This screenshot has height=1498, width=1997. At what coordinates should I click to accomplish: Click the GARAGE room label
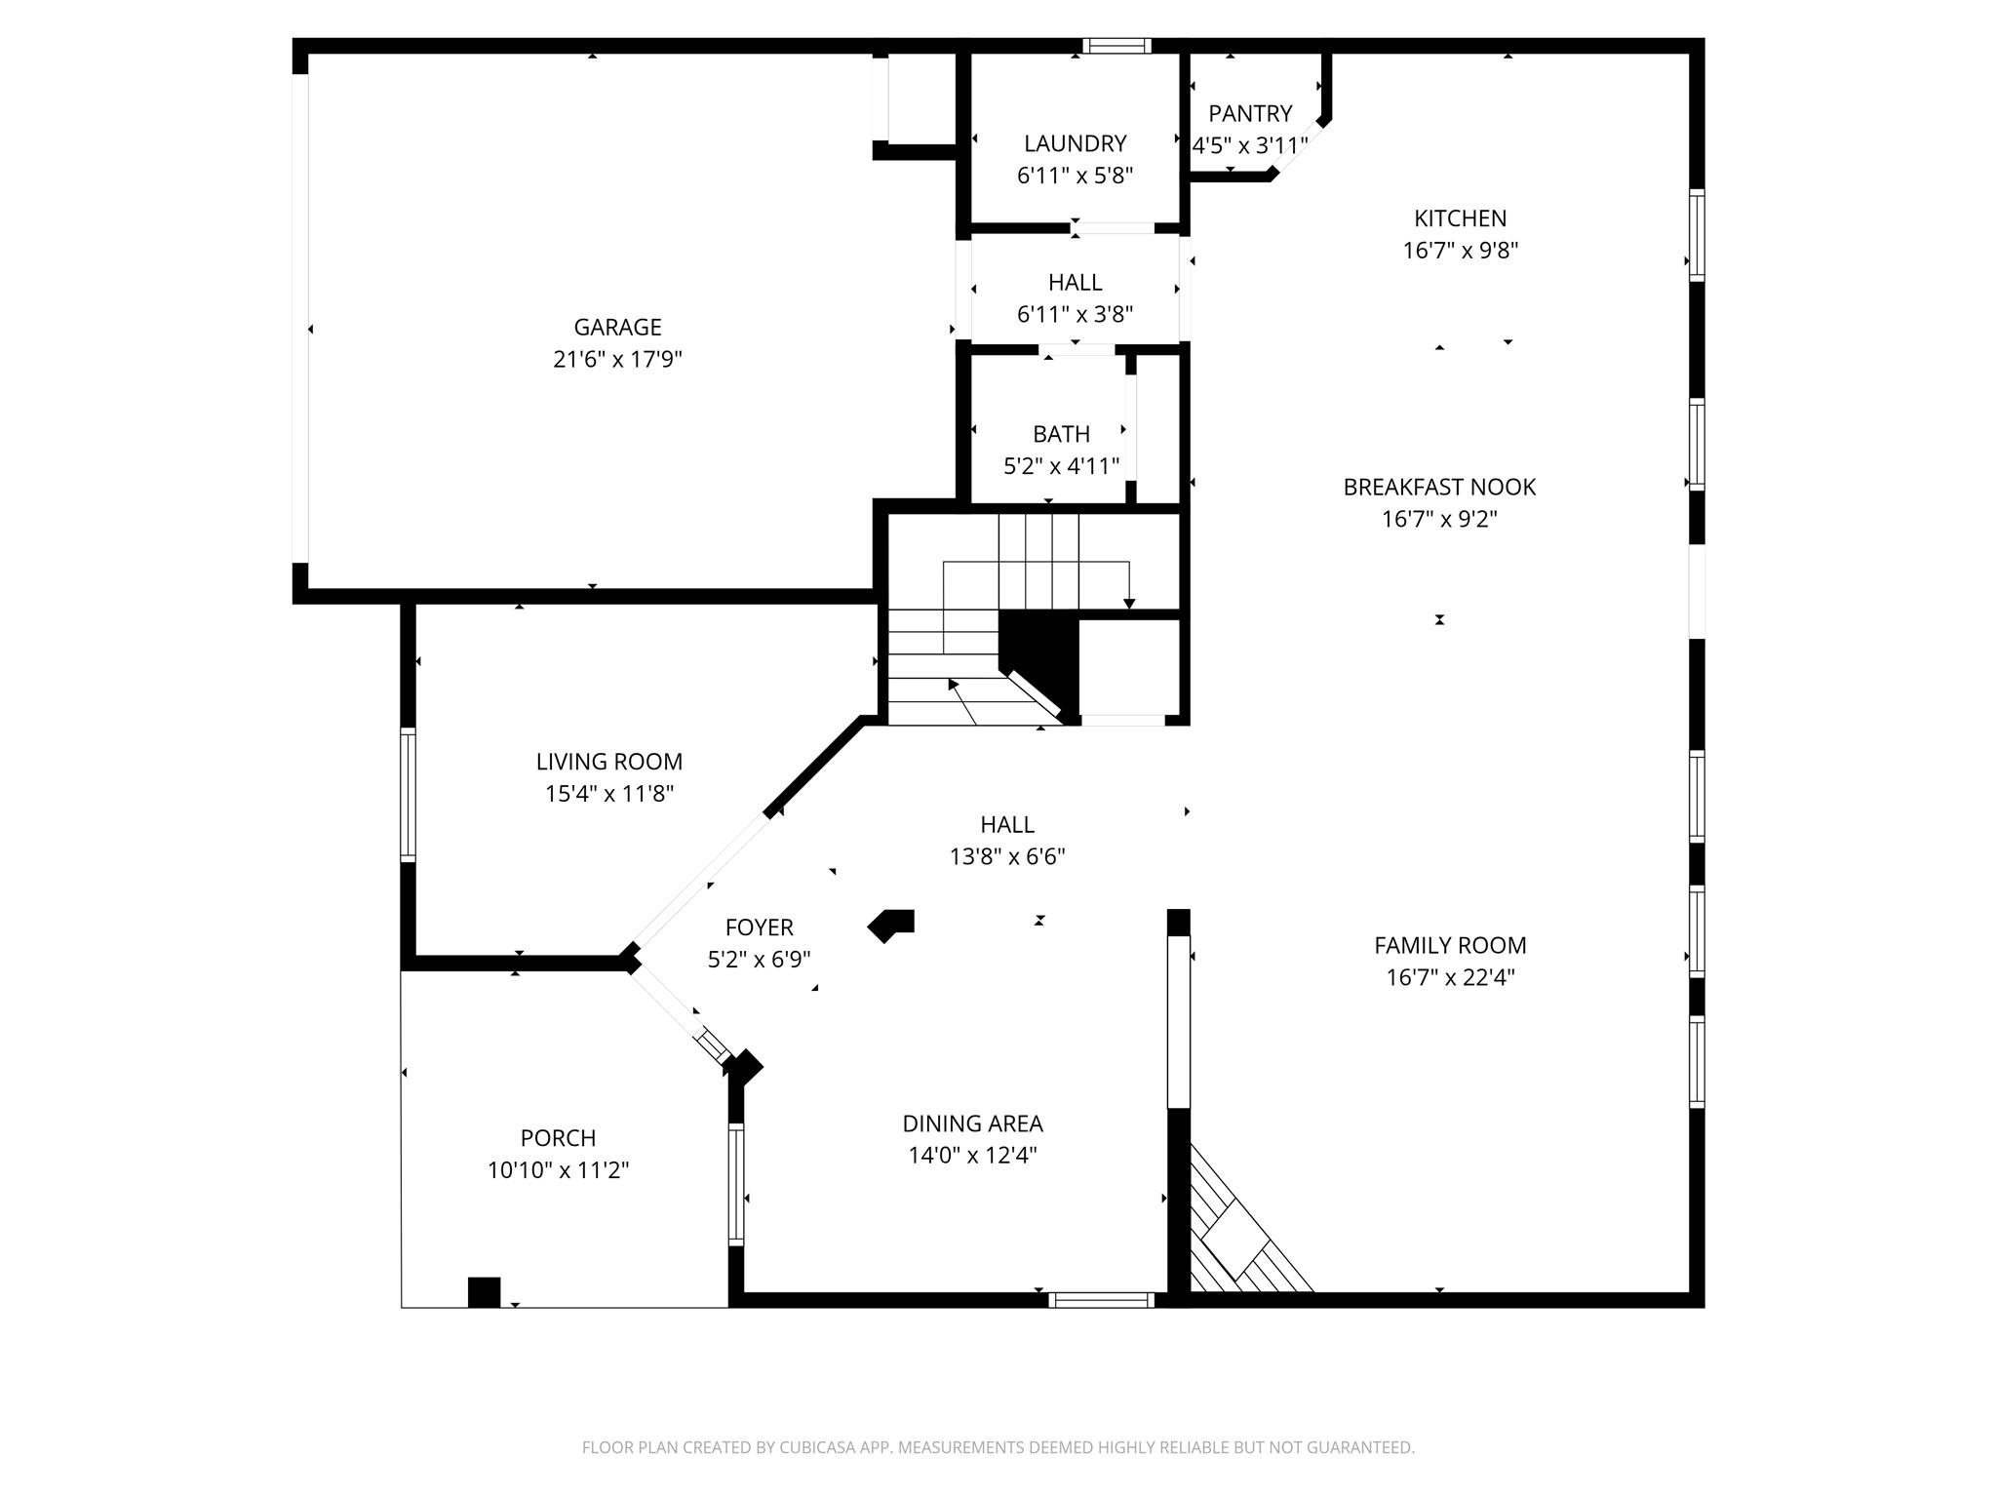(617, 328)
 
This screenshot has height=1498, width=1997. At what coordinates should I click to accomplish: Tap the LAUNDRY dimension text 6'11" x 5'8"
(1075, 176)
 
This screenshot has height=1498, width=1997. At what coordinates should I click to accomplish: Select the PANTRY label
(1250, 113)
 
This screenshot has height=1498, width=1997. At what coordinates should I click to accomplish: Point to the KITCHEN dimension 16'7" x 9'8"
(1460, 251)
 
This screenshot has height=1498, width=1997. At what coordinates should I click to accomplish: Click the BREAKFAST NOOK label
(1438, 487)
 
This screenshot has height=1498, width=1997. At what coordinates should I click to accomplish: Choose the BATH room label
(1061, 434)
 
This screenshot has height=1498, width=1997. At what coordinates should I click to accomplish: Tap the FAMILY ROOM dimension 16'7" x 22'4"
(1450, 977)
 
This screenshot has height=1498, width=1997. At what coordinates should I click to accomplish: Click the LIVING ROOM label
(608, 762)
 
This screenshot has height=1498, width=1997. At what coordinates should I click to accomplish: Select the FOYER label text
(759, 927)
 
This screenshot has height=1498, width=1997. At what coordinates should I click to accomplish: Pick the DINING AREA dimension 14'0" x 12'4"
(972, 1156)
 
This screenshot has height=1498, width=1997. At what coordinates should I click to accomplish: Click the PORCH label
(558, 1138)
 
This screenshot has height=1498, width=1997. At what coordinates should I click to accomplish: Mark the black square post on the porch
(484, 1291)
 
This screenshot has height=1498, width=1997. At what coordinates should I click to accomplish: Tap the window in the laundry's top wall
(1116, 46)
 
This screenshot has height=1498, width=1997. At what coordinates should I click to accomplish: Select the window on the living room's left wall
(409, 795)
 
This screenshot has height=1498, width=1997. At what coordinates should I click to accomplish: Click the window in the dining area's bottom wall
(1101, 1300)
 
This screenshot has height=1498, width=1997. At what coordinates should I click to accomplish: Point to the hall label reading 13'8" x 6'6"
(1007, 856)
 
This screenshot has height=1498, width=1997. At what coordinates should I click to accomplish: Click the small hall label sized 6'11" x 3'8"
(1075, 314)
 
